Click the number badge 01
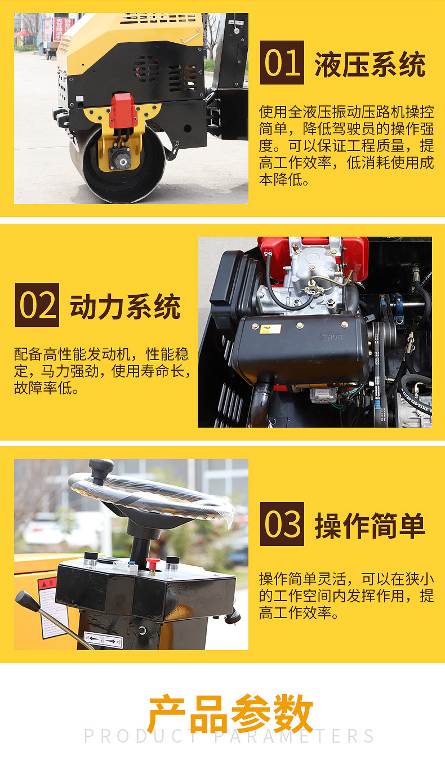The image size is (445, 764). pyautogui.click(x=282, y=63)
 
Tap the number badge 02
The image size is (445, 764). pyautogui.click(x=37, y=305)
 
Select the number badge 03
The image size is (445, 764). pyautogui.click(x=282, y=524)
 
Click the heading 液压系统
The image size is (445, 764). pyautogui.click(x=370, y=64)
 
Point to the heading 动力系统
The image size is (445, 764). pyautogui.click(x=125, y=307)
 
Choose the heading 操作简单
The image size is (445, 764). pyautogui.click(x=370, y=526)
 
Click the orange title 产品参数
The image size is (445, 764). pyautogui.click(x=231, y=713)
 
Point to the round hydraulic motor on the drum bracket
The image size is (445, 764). pyautogui.click(x=120, y=158)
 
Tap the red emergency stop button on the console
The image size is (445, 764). pyautogui.click(x=153, y=563)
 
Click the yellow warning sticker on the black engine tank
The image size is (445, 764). pyautogui.click(x=270, y=329)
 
